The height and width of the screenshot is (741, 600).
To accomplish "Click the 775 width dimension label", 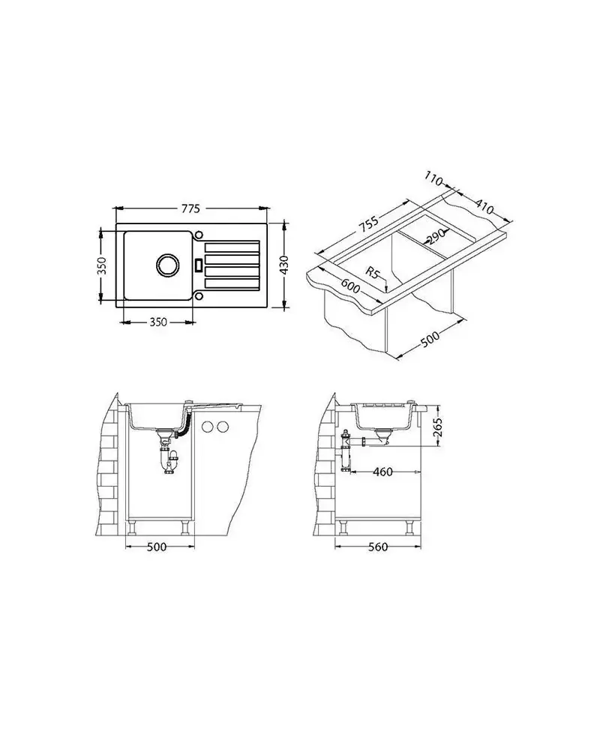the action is click(190, 208).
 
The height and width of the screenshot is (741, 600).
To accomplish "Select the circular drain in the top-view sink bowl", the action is click(167, 264).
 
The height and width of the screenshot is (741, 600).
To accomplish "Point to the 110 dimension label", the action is click(433, 179).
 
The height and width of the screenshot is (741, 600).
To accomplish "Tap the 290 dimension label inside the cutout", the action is click(436, 235).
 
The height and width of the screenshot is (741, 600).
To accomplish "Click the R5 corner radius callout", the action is click(373, 272).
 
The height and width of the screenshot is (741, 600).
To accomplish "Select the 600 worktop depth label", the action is click(350, 285).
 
